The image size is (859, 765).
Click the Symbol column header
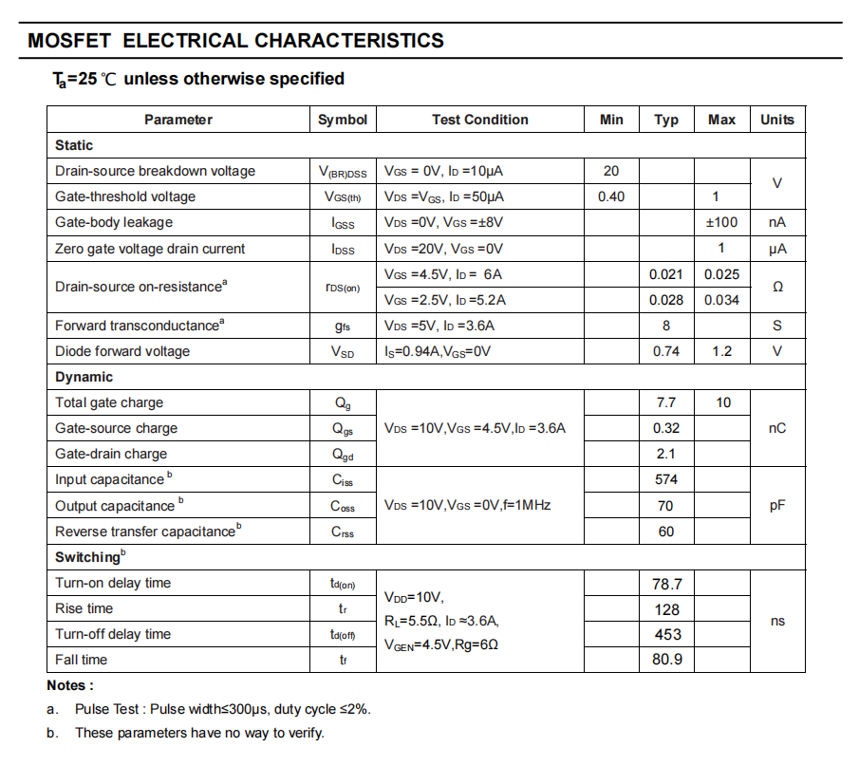click(x=343, y=120)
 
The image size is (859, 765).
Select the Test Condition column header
click(x=479, y=120)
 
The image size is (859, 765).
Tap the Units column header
click(x=776, y=120)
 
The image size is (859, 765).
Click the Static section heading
click(x=74, y=145)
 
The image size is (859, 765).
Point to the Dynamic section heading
click(x=84, y=377)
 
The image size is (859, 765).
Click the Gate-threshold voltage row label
click(x=125, y=196)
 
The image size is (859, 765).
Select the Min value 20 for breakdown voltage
click(x=611, y=171)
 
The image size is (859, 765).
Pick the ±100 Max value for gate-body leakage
click(x=721, y=222)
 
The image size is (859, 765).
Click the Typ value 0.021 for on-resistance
click(x=666, y=274)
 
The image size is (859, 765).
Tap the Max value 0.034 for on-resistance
click(x=721, y=300)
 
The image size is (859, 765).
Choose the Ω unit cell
click(x=777, y=287)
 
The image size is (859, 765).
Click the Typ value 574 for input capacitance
click(x=666, y=479)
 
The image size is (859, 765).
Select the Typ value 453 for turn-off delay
click(x=667, y=634)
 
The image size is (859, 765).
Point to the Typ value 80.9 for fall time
click(x=667, y=660)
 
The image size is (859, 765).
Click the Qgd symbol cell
click(x=343, y=454)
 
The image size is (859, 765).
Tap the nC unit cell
click(x=777, y=428)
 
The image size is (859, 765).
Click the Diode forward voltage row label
click(x=122, y=351)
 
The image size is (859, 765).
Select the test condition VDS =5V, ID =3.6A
click(x=439, y=326)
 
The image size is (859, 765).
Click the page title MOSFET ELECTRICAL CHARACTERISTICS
click(x=235, y=41)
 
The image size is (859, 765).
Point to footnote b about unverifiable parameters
click(x=199, y=733)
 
